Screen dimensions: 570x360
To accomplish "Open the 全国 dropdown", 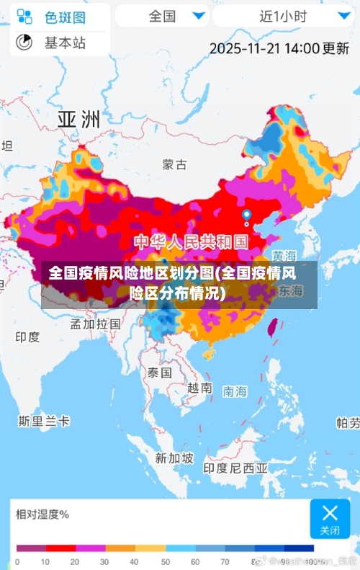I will coord(161,15).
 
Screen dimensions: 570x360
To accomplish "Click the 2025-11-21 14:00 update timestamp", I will coord(279,48).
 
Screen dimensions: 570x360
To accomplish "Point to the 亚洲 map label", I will coord(78,119).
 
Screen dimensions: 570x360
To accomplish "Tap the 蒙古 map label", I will coord(174,164).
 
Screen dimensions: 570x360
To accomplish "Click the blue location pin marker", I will coord(246,215).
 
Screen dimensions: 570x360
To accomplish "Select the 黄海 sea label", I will coord(284,256).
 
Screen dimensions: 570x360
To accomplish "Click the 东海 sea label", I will coord(290,291).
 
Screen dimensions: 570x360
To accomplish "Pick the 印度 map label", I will coord(27,337).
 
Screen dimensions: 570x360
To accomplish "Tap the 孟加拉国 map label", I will coord(95,324).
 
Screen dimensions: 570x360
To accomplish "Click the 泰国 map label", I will coord(159,373).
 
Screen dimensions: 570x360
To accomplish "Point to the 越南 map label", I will coord(199,388).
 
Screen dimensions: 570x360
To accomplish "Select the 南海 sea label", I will coord(235,391).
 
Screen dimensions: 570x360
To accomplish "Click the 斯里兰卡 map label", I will coord(44,420).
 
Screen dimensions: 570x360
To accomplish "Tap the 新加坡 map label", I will coord(174,458).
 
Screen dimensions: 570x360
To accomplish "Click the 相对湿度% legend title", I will coord(42,514).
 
